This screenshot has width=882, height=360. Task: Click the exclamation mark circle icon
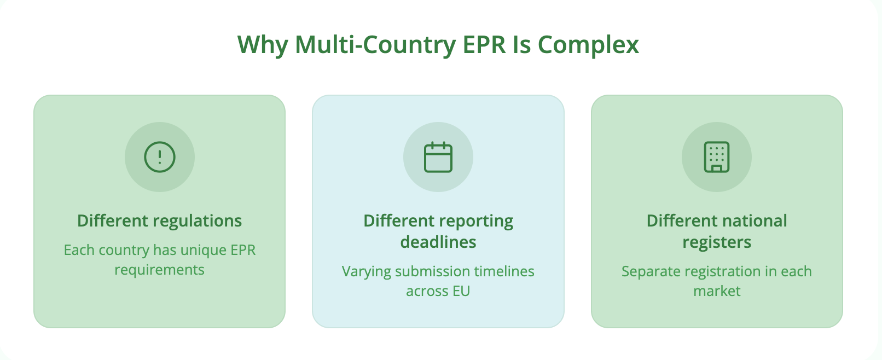(x=160, y=157)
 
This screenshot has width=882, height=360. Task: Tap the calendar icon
(x=438, y=157)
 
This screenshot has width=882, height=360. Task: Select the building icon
(x=717, y=157)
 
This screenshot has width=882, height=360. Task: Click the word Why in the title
(x=262, y=44)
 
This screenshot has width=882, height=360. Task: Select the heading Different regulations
(x=160, y=220)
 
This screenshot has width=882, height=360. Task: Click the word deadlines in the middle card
(x=438, y=242)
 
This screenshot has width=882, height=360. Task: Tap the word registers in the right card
(x=717, y=242)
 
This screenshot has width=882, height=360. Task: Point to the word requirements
(x=160, y=270)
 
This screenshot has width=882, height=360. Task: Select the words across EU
(x=438, y=291)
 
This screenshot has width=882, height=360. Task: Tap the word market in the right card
(x=717, y=291)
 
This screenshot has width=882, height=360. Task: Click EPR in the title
(x=485, y=44)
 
